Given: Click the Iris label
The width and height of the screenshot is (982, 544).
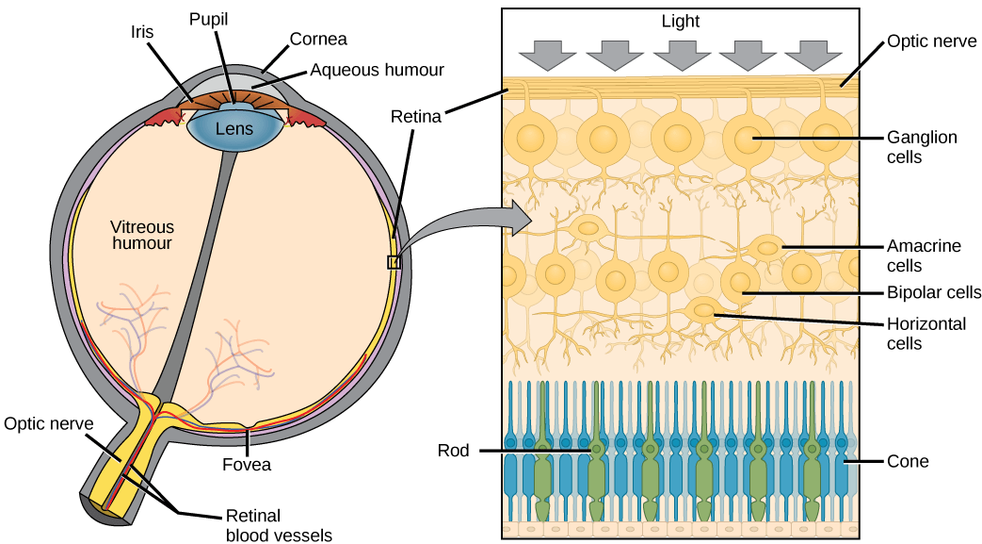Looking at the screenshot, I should click(141, 31).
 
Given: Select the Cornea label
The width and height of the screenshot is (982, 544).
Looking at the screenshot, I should click(318, 39).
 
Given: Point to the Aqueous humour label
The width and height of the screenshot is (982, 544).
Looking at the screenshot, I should click(377, 70).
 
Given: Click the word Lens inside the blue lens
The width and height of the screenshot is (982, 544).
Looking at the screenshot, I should click(233, 128).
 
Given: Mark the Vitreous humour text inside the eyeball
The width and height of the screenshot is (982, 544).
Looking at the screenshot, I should click(141, 235).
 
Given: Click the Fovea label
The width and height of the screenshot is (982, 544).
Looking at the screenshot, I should click(248, 464).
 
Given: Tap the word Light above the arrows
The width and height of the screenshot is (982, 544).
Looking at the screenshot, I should click(681, 21).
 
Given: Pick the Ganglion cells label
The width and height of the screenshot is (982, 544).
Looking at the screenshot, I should click(922, 147).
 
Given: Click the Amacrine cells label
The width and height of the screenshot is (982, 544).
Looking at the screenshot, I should click(924, 256).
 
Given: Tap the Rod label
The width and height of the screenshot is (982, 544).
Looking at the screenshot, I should click(453, 451).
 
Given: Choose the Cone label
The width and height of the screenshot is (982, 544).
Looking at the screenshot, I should click(908, 461).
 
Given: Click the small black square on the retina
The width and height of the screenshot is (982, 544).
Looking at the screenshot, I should click(394, 262).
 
